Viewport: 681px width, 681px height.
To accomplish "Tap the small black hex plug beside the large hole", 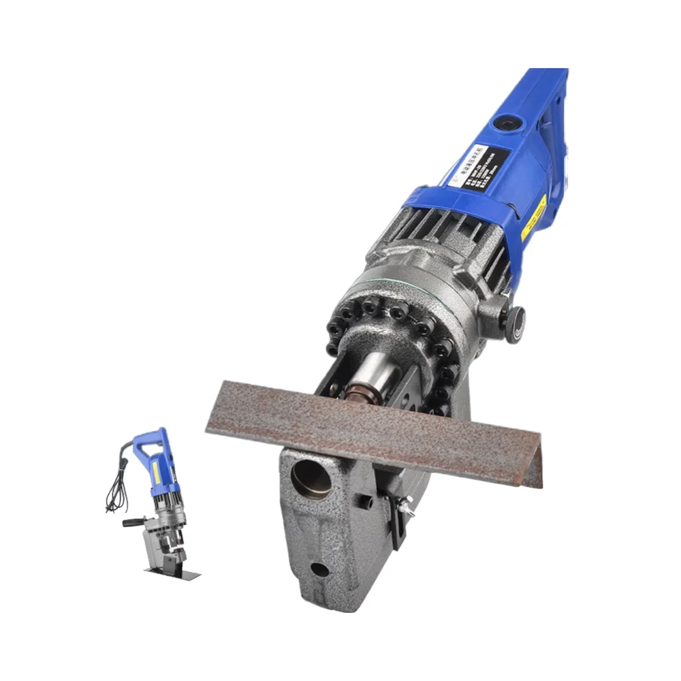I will pos(366,503).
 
